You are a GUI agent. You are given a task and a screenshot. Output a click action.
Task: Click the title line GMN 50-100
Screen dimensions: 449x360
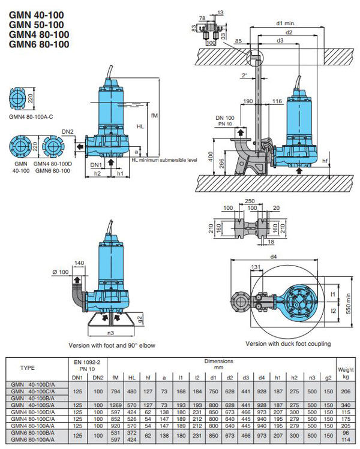point(37,24)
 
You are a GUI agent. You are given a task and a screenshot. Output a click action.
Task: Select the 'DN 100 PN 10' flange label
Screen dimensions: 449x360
point(224,120)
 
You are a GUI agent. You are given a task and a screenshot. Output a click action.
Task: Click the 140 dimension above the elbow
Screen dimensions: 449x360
point(79,263)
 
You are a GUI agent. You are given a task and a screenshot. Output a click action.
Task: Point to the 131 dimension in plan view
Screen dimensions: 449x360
point(257,267)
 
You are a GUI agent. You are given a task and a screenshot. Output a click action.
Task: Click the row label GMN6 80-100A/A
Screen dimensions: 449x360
point(34,441)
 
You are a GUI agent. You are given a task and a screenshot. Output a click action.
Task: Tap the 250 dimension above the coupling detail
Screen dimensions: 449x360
point(251,201)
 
